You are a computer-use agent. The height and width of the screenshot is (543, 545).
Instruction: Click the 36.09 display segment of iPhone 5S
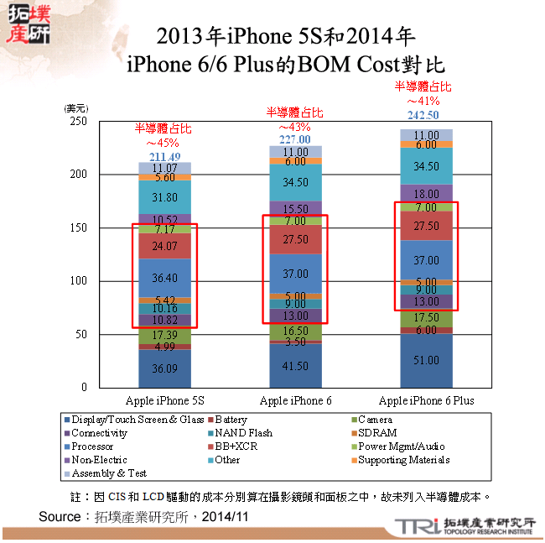click(164, 368)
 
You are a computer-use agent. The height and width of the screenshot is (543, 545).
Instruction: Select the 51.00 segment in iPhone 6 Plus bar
click(427, 360)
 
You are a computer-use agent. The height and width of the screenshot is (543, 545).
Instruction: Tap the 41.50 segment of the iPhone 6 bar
click(295, 367)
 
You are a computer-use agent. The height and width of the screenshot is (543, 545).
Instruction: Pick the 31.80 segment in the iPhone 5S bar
click(164, 197)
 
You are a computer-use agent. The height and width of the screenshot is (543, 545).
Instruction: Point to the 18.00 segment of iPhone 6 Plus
click(427, 194)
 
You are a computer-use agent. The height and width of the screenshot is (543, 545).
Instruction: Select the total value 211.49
click(164, 157)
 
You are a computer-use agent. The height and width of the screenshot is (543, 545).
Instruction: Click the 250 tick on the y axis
click(78, 121)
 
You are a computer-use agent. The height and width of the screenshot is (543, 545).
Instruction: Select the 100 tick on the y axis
click(78, 281)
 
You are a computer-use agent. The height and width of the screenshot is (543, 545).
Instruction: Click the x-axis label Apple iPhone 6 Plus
click(426, 400)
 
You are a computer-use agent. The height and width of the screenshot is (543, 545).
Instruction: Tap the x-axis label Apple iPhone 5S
click(164, 400)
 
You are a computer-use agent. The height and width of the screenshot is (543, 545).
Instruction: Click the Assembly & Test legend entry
click(109, 473)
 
